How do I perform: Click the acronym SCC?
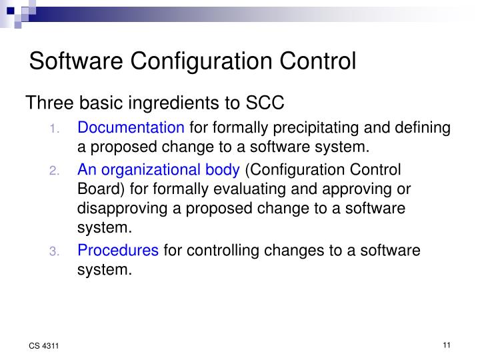coord(265,104)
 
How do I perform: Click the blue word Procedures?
coord(118,251)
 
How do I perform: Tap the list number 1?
coord(55,128)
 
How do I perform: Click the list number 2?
coord(55,170)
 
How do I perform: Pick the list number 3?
coord(55,251)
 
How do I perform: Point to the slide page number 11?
coord(446,345)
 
